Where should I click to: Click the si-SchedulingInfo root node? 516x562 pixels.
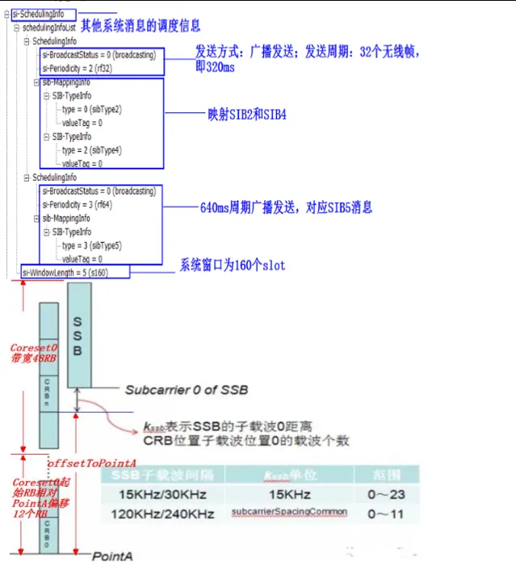coord(43,15)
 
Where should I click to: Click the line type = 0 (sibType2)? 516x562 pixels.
coord(93,108)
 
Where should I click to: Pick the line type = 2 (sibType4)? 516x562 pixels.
coord(93,150)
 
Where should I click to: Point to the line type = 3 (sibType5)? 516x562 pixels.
coord(93,245)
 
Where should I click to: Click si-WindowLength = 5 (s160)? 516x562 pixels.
coord(75,273)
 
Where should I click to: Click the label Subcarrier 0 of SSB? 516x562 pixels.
coord(186,390)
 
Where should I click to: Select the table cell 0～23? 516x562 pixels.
coord(379,494)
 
